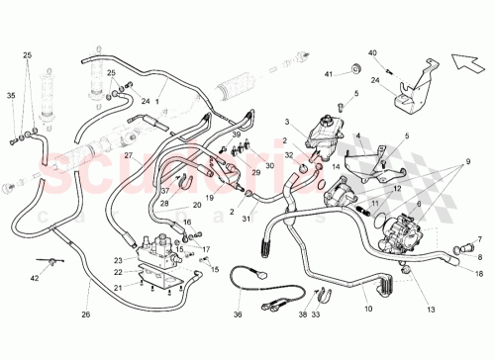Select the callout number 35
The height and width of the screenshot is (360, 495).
(x=11, y=97)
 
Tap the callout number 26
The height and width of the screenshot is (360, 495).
(x=85, y=315)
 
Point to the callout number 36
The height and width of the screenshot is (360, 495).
(x=237, y=315)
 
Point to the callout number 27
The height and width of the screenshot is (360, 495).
(x=128, y=156)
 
